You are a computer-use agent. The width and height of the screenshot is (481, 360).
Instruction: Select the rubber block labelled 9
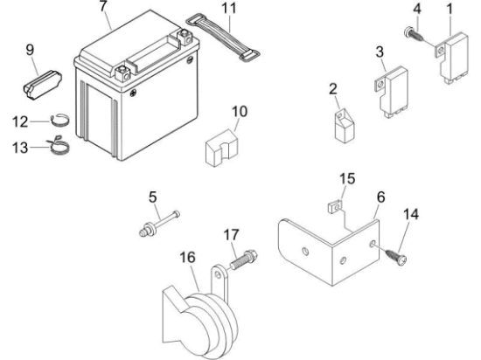(x=42, y=86)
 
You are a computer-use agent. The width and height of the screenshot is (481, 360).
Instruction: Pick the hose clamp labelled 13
(x=59, y=145)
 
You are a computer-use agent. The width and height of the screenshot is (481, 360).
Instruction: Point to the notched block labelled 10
(x=221, y=148)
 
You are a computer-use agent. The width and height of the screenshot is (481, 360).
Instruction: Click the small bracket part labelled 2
(x=345, y=126)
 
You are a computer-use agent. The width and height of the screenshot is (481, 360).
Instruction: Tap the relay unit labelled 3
(x=391, y=91)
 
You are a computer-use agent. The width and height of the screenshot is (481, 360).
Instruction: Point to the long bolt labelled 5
(x=159, y=224)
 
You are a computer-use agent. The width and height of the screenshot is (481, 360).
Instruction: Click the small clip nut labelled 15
(x=334, y=207)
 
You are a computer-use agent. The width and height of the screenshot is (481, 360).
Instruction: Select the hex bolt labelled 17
(x=244, y=260)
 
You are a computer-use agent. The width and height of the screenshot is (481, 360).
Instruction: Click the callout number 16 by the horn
(x=187, y=258)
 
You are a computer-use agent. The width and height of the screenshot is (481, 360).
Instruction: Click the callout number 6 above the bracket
(x=380, y=197)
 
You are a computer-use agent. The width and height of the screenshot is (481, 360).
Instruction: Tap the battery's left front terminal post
(x=123, y=73)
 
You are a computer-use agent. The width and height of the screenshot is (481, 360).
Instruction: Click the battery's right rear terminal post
(x=185, y=37)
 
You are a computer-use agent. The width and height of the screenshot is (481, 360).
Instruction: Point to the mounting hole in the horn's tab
(x=218, y=275)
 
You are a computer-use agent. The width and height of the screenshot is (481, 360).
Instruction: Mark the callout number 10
(x=240, y=112)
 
